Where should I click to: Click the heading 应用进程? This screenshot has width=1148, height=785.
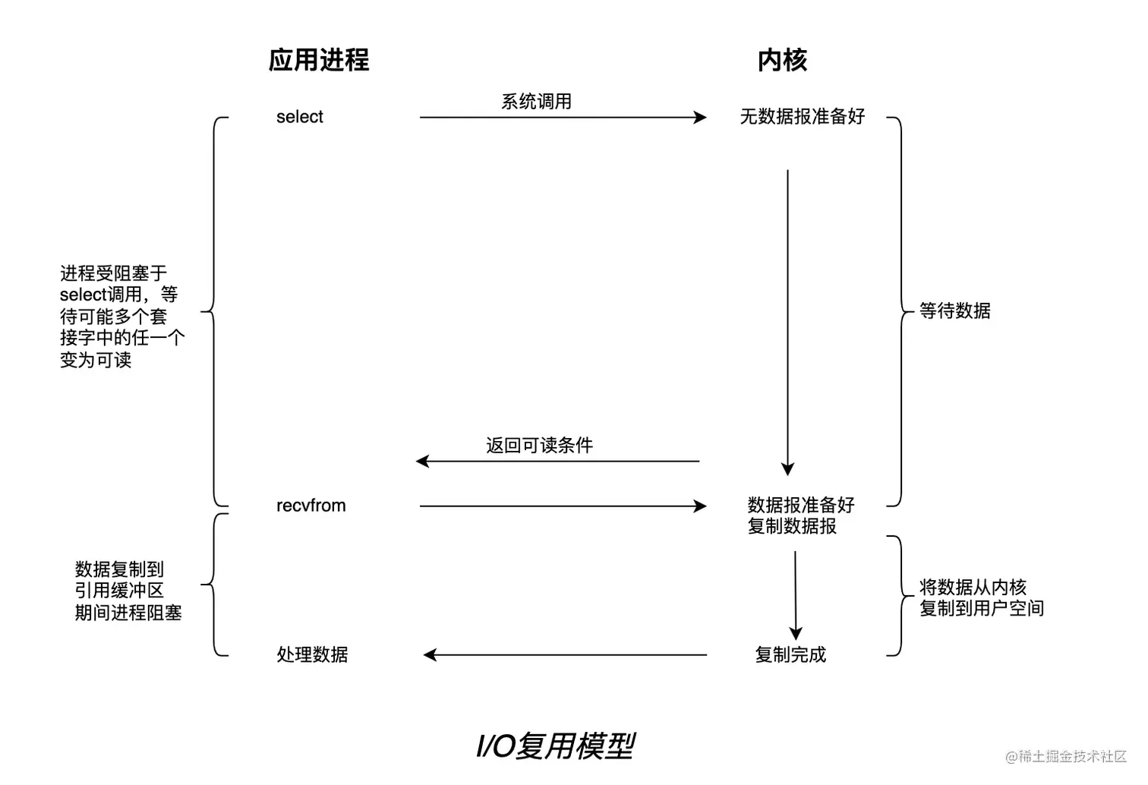pyautogui.click(x=319, y=60)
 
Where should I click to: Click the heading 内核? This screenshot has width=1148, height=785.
pyautogui.click(x=782, y=60)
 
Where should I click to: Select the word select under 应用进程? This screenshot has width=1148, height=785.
pyautogui.click(x=300, y=117)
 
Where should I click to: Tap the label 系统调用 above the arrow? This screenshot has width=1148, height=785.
pyautogui.click(x=536, y=102)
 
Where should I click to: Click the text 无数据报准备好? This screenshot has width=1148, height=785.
pyautogui.click(x=803, y=117)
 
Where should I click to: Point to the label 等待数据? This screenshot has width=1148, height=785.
pyautogui.click(x=955, y=311)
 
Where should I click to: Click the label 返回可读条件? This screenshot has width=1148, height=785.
pyautogui.click(x=539, y=446)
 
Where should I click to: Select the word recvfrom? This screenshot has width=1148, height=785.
pyautogui.click(x=311, y=506)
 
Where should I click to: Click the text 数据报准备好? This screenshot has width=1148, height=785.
pyautogui.click(x=801, y=505)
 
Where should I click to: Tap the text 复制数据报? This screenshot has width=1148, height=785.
pyautogui.click(x=792, y=526)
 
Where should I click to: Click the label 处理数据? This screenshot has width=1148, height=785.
pyautogui.click(x=312, y=654)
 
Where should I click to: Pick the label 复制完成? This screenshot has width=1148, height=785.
pyautogui.click(x=790, y=654)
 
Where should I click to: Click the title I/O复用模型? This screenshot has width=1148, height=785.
pyautogui.click(x=555, y=746)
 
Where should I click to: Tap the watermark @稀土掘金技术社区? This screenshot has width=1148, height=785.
pyautogui.click(x=1066, y=756)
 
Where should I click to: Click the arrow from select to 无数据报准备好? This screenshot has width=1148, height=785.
pyautogui.click(x=562, y=118)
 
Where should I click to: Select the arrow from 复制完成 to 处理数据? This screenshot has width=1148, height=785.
pyautogui.click(x=565, y=654)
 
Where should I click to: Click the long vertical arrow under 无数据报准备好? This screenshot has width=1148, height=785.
pyautogui.click(x=787, y=319)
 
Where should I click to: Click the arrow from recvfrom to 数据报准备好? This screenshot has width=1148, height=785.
pyautogui.click(x=562, y=506)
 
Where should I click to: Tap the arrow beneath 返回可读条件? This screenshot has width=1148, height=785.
pyautogui.click(x=558, y=461)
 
